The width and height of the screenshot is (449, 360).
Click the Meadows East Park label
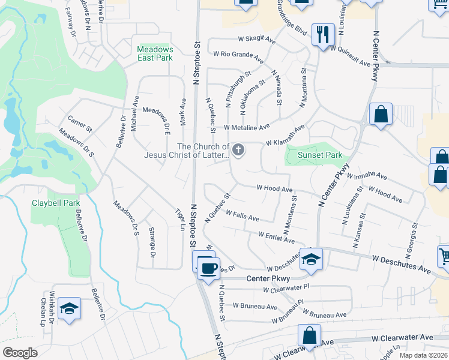pos(155,53)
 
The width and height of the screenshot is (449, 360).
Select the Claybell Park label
pos(56,203)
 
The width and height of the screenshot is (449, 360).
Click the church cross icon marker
pos(238,150)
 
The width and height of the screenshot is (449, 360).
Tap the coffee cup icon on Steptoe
pos(208,268)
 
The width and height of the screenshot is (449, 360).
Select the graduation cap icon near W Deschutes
pos(311,259)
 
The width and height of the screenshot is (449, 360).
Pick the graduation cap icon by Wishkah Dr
pos(70,308)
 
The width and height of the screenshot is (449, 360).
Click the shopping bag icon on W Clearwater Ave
pos(309,335)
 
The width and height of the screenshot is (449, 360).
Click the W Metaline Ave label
pos(247,127)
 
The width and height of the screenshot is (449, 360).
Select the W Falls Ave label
pos(241,216)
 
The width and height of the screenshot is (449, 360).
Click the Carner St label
pos(79,124)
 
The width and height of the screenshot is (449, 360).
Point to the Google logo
pos(20,353)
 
